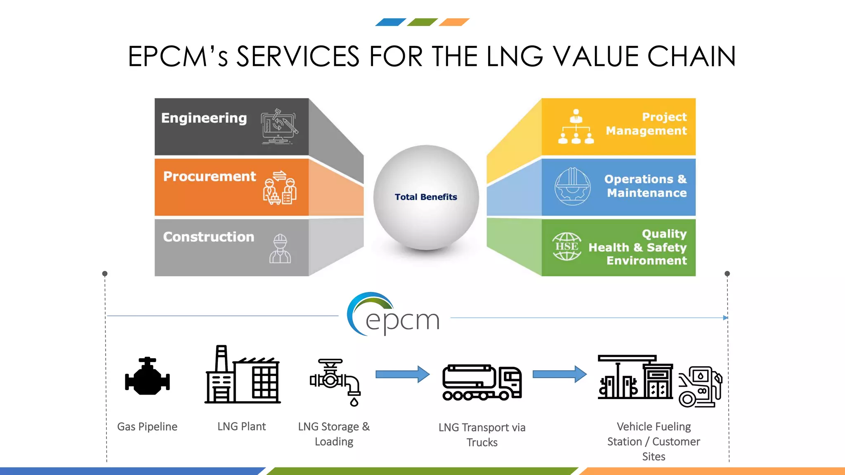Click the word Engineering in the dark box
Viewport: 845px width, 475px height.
(x=204, y=118)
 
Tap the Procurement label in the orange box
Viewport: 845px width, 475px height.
(x=210, y=176)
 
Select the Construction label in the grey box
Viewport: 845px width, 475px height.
(x=208, y=237)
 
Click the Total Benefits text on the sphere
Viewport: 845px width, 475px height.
(x=426, y=197)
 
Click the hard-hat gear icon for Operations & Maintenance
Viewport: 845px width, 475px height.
(x=572, y=186)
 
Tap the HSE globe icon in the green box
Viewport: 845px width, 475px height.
(x=566, y=247)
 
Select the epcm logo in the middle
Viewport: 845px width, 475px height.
(x=394, y=315)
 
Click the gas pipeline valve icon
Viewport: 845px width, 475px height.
(x=147, y=376)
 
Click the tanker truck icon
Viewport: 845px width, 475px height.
(x=482, y=382)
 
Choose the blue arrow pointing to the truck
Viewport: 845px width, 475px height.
(x=402, y=374)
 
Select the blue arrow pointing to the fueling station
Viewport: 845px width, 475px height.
(x=559, y=374)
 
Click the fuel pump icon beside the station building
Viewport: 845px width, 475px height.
(x=700, y=387)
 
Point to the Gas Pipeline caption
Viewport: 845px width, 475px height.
(x=147, y=427)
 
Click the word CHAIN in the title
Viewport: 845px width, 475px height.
(x=692, y=56)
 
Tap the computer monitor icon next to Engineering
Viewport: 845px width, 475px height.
(x=279, y=126)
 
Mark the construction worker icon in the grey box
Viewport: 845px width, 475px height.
(x=280, y=249)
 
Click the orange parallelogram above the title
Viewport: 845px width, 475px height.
(x=454, y=22)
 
